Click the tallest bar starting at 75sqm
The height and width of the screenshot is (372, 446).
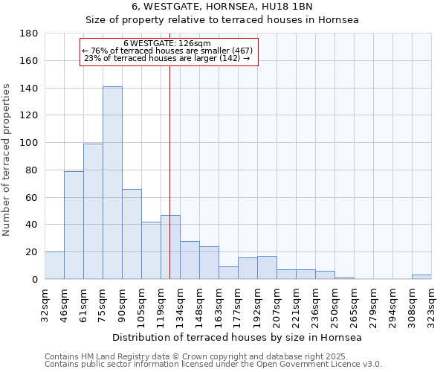(112, 183)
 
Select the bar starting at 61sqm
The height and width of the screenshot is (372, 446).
(93, 211)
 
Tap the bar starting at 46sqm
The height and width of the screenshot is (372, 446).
(74, 225)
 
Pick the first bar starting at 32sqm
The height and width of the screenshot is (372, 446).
(54, 266)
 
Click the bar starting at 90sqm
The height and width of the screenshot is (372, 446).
(132, 234)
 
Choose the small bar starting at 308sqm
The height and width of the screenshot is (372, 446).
(421, 277)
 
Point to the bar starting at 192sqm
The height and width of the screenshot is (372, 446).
(267, 268)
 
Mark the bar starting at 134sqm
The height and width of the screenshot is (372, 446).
(190, 260)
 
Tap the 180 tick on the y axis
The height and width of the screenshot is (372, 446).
(30, 33)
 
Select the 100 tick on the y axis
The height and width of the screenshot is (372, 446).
(30, 143)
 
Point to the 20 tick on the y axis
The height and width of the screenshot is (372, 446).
(33, 252)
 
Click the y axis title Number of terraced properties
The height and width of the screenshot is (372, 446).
(7, 160)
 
